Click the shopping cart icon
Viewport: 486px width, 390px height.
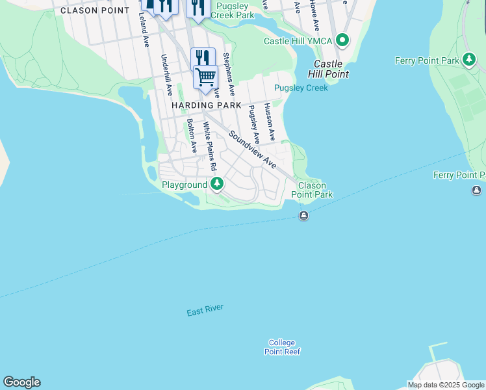[205, 77]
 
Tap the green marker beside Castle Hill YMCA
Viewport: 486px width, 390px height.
[342, 41]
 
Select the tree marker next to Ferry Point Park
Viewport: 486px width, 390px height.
[468, 60]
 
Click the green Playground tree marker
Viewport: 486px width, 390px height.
[217, 185]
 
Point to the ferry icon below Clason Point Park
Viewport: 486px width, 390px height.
[303, 216]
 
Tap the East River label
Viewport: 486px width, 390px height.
[205, 311]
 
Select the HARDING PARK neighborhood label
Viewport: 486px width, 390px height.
[206, 105]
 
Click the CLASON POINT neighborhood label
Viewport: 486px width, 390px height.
[95, 10]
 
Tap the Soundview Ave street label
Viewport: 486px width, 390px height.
[253, 149]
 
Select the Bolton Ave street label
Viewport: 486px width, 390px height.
[192, 135]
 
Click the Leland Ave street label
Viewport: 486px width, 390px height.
[144, 31]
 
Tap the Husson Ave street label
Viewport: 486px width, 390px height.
[269, 121]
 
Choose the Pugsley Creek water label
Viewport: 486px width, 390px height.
[301, 88]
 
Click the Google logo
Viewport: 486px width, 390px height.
[21, 382]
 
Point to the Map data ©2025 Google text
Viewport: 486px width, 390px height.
[446, 385]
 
